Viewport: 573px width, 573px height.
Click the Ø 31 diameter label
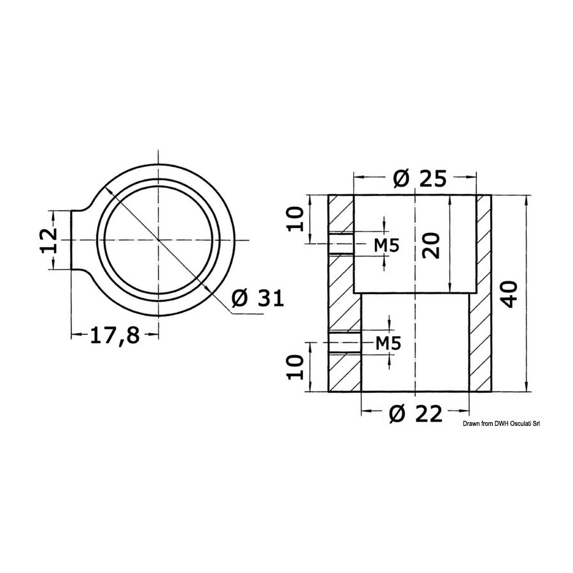pos(258,298)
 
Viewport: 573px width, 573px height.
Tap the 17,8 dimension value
pos(115,335)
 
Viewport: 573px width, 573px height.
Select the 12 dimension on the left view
pos(48,240)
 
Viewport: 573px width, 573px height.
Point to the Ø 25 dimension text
pos(420,179)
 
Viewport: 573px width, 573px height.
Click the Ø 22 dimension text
pos(416,414)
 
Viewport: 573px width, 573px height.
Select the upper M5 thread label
pos(386,245)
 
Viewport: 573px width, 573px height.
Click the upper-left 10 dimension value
pos(295,219)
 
